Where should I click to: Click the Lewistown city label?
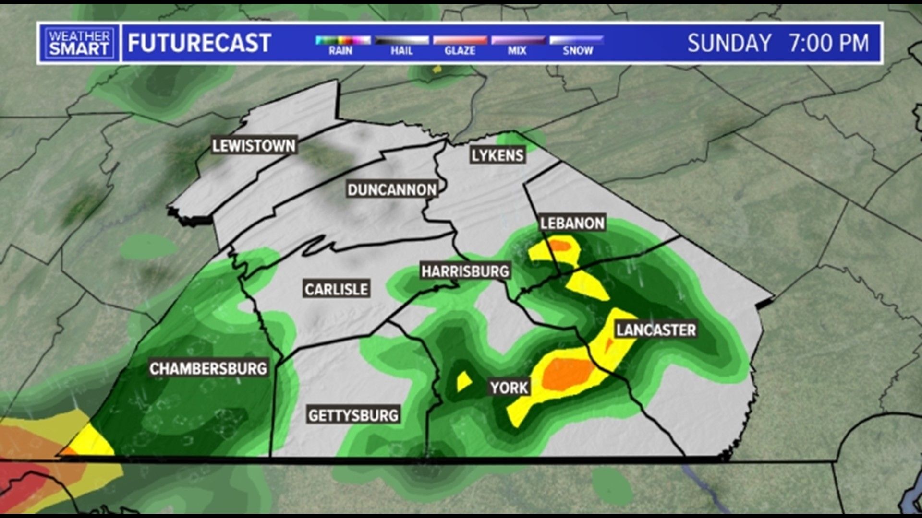(254, 146)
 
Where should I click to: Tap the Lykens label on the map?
(497, 155)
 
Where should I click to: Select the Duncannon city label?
(392, 190)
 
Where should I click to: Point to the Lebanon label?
(572, 223)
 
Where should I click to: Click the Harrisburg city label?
(465, 271)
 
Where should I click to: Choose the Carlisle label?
(336, 289)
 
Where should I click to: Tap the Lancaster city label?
(656, 330)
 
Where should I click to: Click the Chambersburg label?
(208, 368)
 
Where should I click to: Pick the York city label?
(509, 388)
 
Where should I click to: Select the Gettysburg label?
(353, 415)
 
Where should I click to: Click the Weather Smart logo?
(79, 43)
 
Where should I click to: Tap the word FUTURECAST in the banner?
(199, 43)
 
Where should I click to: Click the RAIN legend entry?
(341, 45)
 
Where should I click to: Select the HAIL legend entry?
(401, 45)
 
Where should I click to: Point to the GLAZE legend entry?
(460, 45)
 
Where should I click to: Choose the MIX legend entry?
(518, 45)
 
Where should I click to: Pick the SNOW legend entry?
(577, 45)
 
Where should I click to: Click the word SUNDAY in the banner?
(729, 43)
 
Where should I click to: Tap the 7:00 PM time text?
(828, 43)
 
